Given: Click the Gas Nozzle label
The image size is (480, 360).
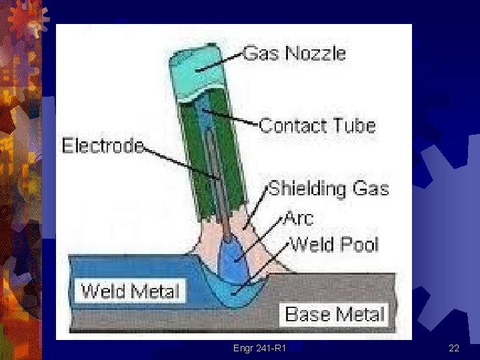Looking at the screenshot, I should pyautogui.click(x=295, y=53).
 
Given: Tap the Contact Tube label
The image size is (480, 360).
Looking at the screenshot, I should pyautogui.click(x=317, y=125).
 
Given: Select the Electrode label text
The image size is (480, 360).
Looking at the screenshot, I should pyautogui.click(x=103, y=145).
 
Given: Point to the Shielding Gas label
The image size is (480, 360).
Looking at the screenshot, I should pyautogui.click(x=328, y=189).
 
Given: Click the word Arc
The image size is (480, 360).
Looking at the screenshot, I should pyautogui.click(x=299, y=217).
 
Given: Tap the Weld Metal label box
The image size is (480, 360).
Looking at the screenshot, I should pyautogui.click(x=131, y=291).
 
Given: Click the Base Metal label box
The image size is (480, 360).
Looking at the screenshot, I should pyautogui.click(x=335, y=313).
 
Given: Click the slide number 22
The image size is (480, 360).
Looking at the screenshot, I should pyautogui.click(x=454, y=348).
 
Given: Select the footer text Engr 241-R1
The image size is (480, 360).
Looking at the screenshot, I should pyautogui.click(x=260, y=348).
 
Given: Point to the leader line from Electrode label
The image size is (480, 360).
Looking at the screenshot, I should pyautogui.click(x=180, y=161).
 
